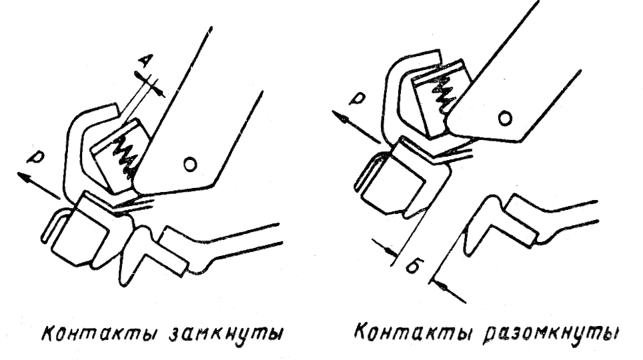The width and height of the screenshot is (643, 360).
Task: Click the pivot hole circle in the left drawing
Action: click(x=191, y=163)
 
